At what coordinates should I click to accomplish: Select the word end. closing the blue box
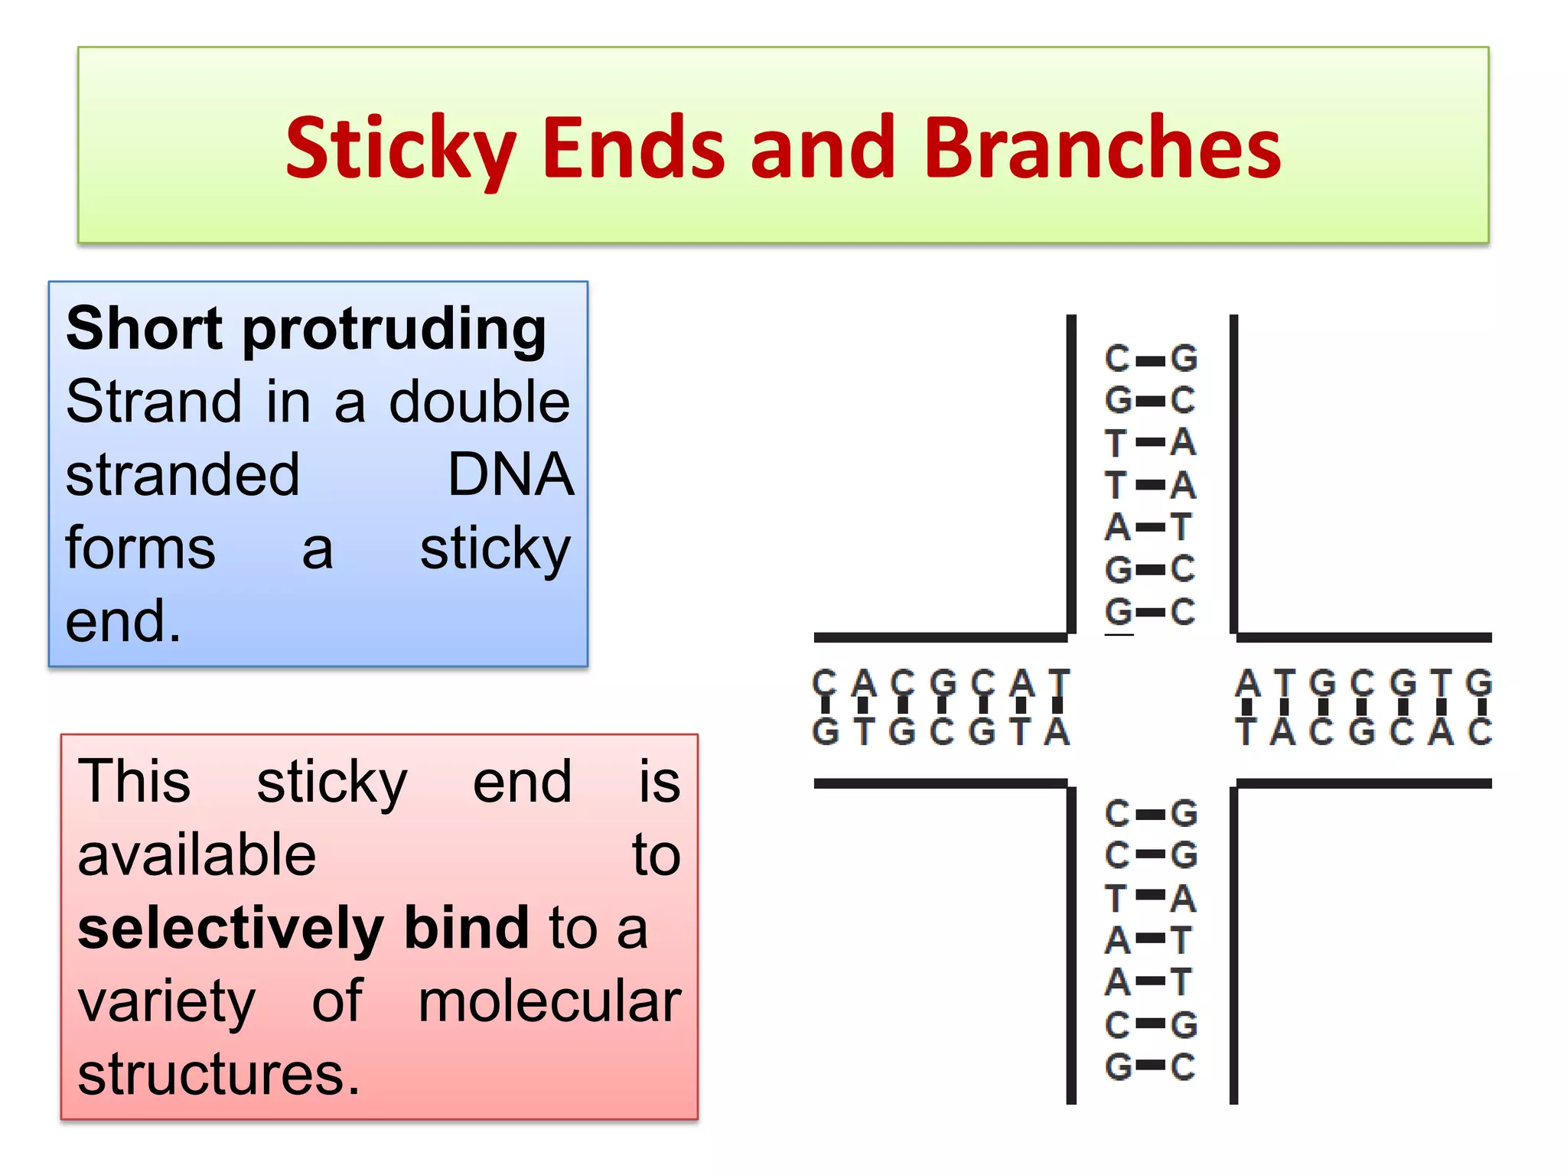tap(122, 620)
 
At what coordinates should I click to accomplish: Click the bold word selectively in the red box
tap(230, 928)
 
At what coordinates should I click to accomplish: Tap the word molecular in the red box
tap(549, 1001)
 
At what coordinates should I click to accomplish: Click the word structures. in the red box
tap(219, 1074)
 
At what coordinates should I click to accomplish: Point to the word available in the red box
tap(197, 854)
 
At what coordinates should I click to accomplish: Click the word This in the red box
tap(134, 781)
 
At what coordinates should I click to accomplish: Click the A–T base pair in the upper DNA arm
tap(1150, 527)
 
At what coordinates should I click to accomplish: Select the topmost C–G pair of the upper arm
tap(1151, 359)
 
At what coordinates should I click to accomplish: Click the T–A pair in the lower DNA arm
tap(1150, 898)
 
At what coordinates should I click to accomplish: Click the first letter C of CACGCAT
tap(824, 682)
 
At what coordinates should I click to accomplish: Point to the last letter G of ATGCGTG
tap(1478, 682)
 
